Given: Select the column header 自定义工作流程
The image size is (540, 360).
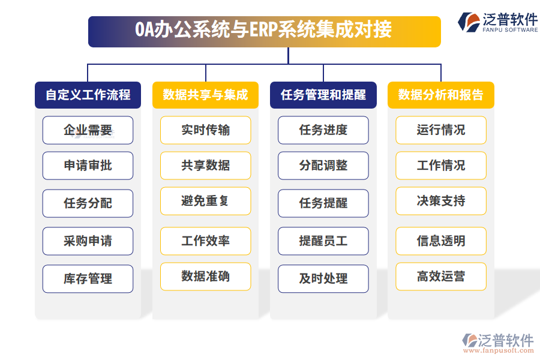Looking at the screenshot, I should [88, 95].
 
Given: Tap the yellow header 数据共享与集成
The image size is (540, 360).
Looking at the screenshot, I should [205, 95].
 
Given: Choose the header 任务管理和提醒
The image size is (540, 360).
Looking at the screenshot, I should [323, 95].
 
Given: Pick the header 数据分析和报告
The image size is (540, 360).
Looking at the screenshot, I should [440, 95].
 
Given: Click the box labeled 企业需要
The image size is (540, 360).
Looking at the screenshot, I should [88, 130].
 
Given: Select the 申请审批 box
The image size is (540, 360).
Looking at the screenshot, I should [88, 166].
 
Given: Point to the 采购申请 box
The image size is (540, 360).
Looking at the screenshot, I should [88, 241].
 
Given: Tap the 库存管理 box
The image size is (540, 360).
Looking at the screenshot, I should [88, 279].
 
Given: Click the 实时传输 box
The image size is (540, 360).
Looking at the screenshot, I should [205, 130].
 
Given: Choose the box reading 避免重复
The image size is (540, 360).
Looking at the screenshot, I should [205, 201].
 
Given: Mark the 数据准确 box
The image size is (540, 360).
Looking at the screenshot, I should [205, 277].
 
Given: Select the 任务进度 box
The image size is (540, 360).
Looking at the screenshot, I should [323, 130].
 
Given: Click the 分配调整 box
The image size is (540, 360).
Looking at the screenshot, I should [323, 166].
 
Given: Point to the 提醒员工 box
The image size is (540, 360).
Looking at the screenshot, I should [323, 241].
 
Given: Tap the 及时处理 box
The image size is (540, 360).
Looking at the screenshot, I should [323, 279].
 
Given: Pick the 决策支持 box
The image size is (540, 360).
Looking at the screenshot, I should [440, 201].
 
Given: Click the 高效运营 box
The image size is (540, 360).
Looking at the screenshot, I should [440, 277].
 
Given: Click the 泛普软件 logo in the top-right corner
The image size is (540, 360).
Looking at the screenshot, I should [498, 22].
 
